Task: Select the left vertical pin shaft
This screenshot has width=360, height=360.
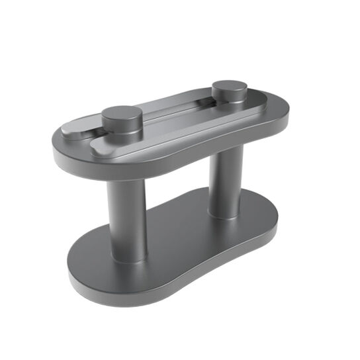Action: pos(127,218)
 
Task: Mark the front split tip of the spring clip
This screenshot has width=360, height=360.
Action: pos(99,149)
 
